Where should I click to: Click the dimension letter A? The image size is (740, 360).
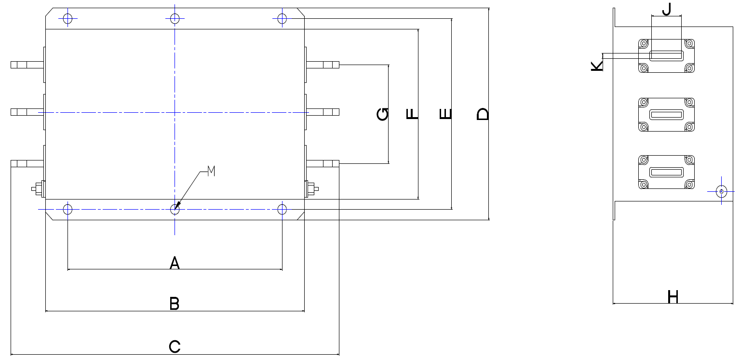175,263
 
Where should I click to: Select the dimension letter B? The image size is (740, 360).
175,304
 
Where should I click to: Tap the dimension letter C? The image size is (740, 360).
175,347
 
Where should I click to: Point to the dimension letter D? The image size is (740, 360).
483,114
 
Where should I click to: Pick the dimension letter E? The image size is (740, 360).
445,114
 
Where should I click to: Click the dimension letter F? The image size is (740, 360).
412,114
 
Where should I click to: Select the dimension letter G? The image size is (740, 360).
383,114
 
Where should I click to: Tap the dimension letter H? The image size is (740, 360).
673,296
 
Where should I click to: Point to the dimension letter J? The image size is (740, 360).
667,9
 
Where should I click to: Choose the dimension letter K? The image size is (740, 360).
597,66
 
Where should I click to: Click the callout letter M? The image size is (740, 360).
211,171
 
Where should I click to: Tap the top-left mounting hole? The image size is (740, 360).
67,18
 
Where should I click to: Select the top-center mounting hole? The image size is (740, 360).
175,18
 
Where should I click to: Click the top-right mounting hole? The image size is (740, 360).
282,18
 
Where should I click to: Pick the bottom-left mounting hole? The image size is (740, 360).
67,209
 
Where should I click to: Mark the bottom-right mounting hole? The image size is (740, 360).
282,209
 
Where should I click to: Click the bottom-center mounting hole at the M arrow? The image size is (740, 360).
175,209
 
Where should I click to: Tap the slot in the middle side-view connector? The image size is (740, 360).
666,115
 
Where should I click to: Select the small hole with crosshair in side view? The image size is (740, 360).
721,191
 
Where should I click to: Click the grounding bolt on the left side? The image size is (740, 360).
38,189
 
